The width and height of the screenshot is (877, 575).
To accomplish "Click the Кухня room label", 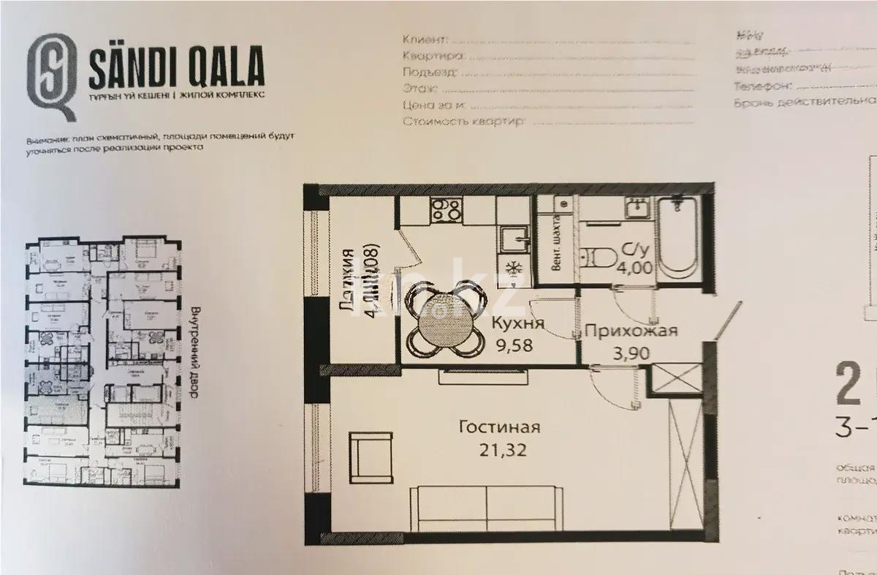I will point(517,324).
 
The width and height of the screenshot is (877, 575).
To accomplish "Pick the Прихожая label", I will point(631,331).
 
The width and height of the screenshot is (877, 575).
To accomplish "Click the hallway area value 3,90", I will point(629,353).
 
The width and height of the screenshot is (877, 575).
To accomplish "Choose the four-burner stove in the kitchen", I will point(445,210).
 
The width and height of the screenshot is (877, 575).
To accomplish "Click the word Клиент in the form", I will point(422,38).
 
